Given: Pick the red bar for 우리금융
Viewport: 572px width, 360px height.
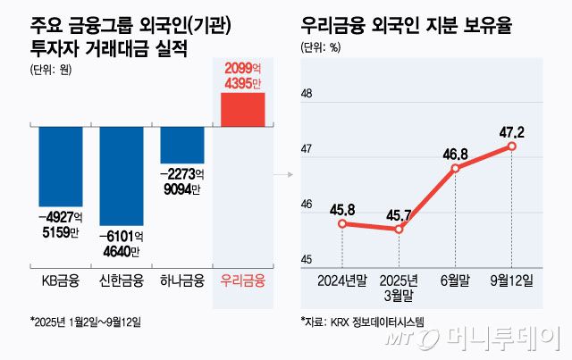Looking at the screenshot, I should click(242, 109).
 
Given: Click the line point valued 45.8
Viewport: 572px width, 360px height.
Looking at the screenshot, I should click(341, 223).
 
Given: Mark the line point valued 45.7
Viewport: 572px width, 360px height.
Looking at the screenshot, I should click(398, 229).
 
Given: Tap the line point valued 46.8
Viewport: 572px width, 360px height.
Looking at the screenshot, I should click(455, 168).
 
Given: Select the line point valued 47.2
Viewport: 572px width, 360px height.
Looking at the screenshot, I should click(511, 146).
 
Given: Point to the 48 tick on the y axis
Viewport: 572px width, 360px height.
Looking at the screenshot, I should click(307, 94).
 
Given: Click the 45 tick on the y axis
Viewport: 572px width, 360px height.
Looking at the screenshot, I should click(307, 260).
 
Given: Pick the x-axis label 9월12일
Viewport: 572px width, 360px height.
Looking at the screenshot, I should click(512, 280).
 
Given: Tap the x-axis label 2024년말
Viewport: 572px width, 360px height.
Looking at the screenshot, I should click(341, 280).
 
